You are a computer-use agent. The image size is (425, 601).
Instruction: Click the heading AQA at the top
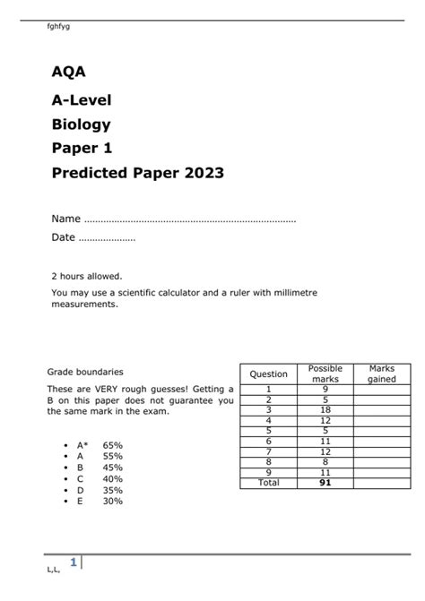(x=68, y=72)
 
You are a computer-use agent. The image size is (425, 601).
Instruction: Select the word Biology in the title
(x=81, y=124)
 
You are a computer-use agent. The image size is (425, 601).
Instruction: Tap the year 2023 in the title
(x=201, y=173)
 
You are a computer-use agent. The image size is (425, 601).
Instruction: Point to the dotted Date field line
(x=107, y=237)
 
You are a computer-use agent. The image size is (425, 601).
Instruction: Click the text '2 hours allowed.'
(x=87, y=277)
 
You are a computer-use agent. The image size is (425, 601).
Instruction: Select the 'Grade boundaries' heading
(x=85, y=371)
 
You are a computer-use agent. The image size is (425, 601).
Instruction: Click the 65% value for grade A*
(x=113, y=444)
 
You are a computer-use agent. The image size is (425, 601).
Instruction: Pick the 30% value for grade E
(x=113, y=502)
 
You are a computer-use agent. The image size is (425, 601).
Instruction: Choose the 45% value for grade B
(x=113, y=467)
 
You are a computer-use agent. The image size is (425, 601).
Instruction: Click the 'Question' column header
(x=268, y=374)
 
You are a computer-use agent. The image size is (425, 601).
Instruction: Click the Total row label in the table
(x=268, y=483)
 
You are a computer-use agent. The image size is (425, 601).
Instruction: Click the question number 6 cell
(x=268, y=441)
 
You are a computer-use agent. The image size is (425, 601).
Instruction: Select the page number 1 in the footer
(x=74, y=562)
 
